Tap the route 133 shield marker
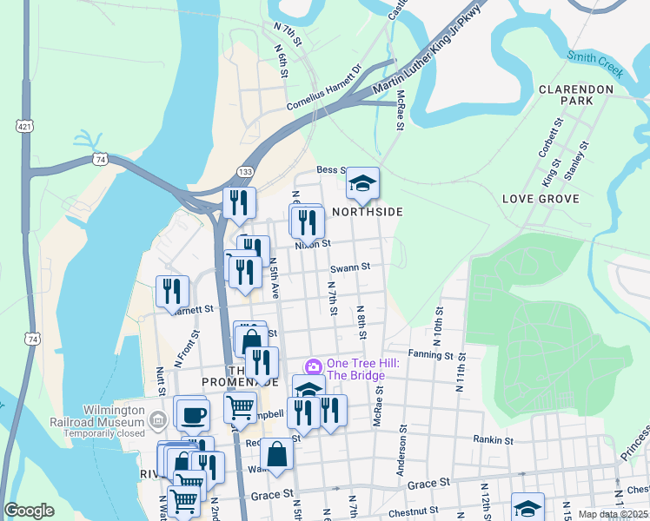click(247, 174)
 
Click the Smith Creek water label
click(595, 64)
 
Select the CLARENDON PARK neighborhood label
click(577, 95)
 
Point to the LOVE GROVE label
click(541, 199)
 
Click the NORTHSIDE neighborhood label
click(367, 212)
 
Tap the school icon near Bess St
click(363, 182)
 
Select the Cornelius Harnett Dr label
click(323, 89)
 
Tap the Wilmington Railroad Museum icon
click(157, 422)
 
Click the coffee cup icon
click(191, 412)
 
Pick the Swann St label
click(350, 267)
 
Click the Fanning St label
click(432, 354)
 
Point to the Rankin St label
click(494, 439)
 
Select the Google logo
click(29, 511)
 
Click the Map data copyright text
click(614, 514)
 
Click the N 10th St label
click(440, 321)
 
